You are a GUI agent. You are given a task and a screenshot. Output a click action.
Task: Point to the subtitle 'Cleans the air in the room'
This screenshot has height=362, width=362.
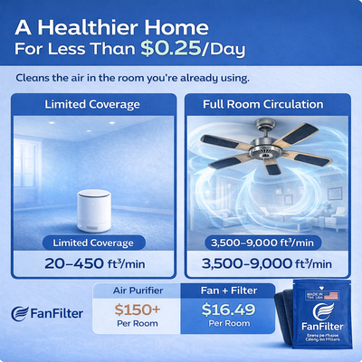(133, 79)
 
